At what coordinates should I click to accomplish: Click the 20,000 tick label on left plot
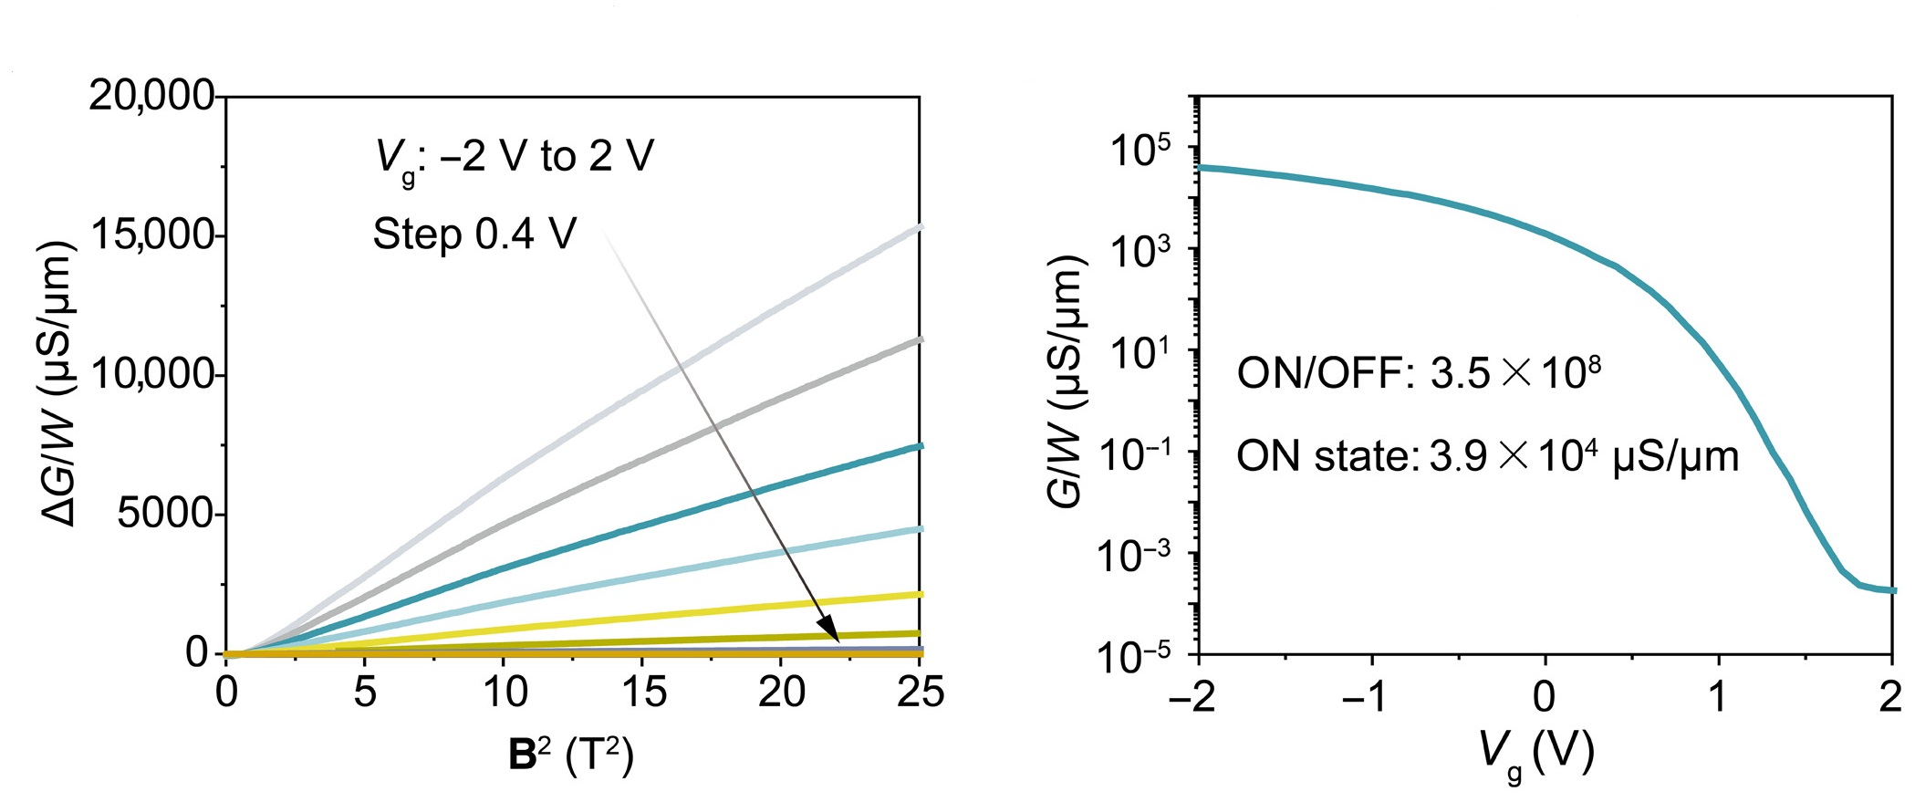151,95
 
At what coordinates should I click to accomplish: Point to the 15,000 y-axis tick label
151,235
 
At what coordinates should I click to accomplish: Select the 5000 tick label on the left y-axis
164,515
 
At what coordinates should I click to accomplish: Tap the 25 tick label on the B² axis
920,693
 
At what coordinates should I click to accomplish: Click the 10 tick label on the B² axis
505,693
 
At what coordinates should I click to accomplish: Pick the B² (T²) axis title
571,755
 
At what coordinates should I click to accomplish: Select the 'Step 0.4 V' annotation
474,234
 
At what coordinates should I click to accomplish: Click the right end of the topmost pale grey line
918,227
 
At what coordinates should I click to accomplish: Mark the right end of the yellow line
918,595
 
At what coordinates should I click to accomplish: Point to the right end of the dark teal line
918,446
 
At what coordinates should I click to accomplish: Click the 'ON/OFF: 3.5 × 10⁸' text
1419,373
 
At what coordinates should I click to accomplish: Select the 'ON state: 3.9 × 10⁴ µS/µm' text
1487,455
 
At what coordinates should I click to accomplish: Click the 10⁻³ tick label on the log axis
1135,555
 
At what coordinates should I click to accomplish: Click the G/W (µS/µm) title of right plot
1066,383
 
